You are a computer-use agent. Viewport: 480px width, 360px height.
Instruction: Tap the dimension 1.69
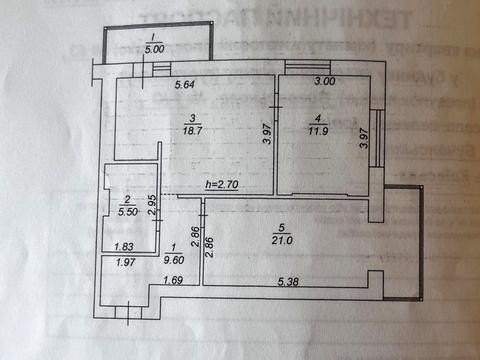point(175,281)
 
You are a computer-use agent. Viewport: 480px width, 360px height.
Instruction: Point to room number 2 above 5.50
point(127,199)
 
